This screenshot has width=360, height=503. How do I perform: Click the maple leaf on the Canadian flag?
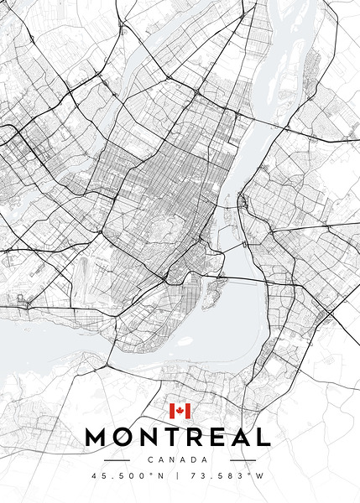[x=180, y=411]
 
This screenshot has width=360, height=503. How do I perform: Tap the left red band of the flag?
[x=172, y=411]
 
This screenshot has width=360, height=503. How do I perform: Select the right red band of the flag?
[x=189, y=411]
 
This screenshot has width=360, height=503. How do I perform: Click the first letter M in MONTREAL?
[x=98, y=437]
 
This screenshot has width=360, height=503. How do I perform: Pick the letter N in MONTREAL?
[x=151, y=437]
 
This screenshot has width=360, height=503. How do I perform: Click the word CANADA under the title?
[x=179, y=459]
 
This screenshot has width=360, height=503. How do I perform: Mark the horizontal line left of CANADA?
[x=117, y=459]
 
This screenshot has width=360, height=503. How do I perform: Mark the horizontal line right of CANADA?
[x=243, y=459]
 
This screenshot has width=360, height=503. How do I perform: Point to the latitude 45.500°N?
[x=128, y=476]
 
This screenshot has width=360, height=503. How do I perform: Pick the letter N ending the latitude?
[x=161, y=476]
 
